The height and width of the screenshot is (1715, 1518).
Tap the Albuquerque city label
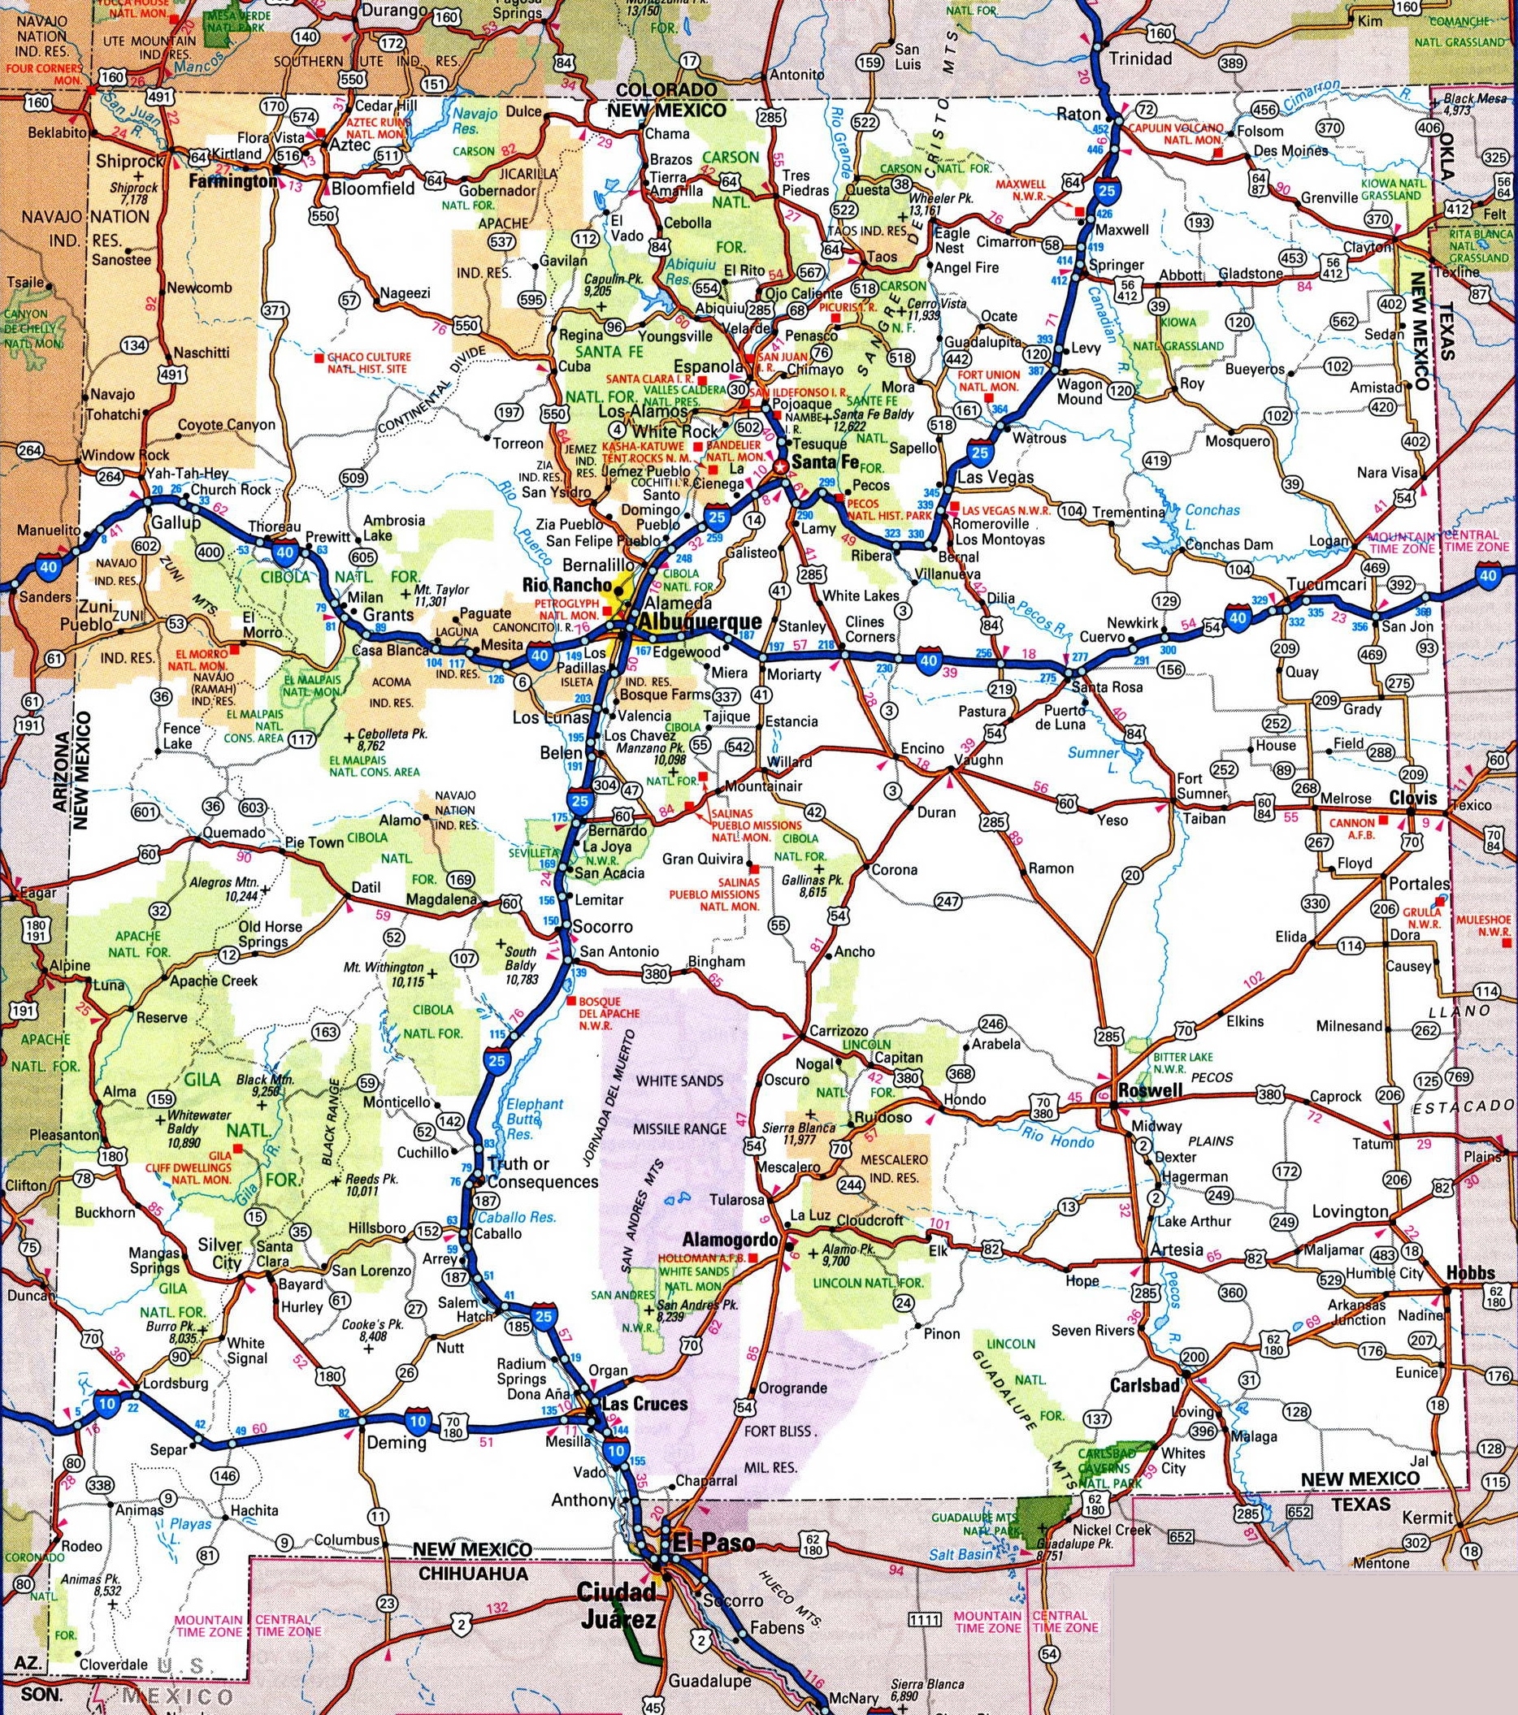[700, 621]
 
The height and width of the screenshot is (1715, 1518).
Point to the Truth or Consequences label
[542, 1172]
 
